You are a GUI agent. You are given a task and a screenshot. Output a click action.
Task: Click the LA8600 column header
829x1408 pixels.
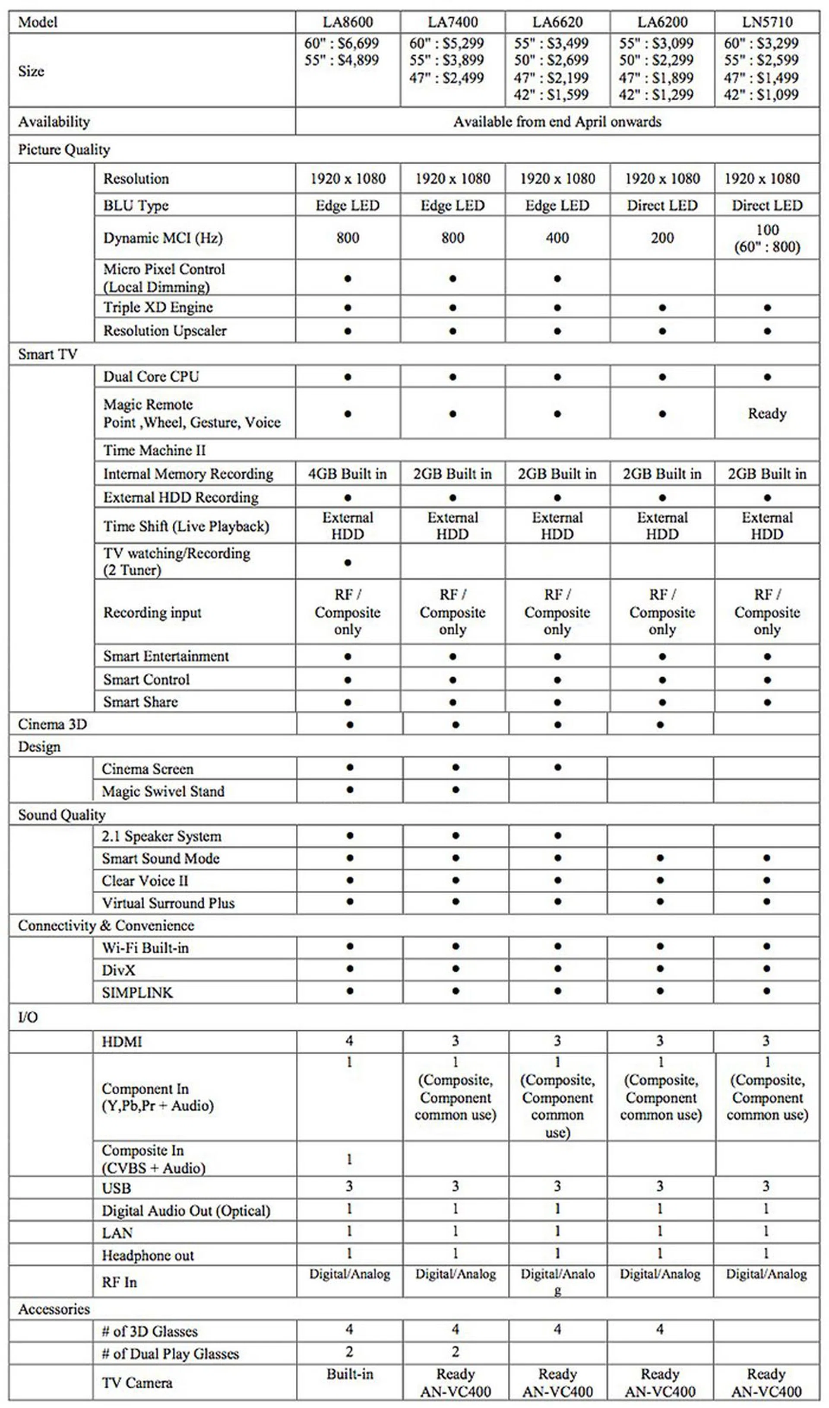pyautogui.click(x=348, y=22)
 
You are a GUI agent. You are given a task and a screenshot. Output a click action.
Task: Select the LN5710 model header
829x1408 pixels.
pyautogui.click(x=767, y=22)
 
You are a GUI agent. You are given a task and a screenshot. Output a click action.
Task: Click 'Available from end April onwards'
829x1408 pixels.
pyautogui.click(x=557, y=122)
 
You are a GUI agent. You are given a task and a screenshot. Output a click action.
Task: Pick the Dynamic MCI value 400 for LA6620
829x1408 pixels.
pyautogui.click(x=557, y=238)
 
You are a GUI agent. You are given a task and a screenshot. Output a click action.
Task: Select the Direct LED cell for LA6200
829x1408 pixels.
pyautogui.click(x=662, y=206)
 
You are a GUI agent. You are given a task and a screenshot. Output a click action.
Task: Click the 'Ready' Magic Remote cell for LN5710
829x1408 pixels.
pyautogui.click(x=767, y=414)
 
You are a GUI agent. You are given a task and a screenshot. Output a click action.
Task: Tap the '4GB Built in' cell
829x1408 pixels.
pyautogui.click(x=348, y=474)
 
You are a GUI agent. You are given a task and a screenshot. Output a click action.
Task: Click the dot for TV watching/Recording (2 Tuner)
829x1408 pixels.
pyautogui.click(x=348, y=562)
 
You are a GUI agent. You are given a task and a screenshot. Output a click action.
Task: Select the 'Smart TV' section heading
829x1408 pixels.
pyautogui.click(x=47, y=354)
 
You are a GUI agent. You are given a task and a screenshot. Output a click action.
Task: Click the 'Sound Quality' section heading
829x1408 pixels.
pyautogui.click(x=61, y=815)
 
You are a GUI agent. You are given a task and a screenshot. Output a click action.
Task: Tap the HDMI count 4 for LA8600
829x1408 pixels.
pyautogui.click(x=349, y=1041)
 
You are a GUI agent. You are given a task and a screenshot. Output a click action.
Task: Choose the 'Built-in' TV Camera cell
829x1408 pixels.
pyautogui.click(x=350, y=1374)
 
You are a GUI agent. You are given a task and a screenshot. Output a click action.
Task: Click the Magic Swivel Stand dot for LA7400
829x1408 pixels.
pyautogui.click(x=455, y=790)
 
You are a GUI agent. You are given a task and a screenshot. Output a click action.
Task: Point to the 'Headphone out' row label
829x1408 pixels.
pyautogui.click(x=148, y=1256)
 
